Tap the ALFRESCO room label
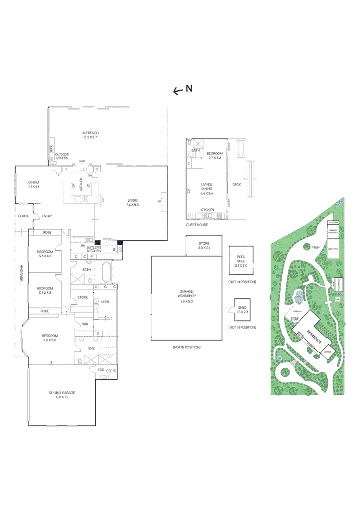coord(90,133)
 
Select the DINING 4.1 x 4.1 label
coord(33,185)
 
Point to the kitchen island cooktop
coord(86,199)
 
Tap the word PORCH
coord(24,216)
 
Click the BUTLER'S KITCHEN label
coord(94,249)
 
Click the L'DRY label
coord(106,302)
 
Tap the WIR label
coord(85,324)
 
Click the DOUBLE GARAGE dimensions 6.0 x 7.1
coord(62,397)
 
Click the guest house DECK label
coord(236,185)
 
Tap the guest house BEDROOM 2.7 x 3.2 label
coord(215,156)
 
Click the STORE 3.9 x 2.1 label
coord(203,246)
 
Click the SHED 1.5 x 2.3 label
coord(241,309)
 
